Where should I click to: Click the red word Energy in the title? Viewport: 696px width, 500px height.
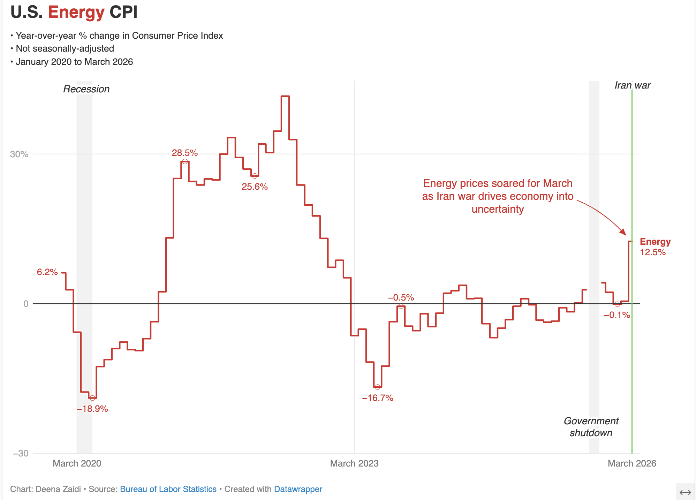[76, 12]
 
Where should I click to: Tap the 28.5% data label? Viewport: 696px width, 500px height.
[184, 153]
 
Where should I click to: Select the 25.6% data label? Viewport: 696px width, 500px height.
[255, 187]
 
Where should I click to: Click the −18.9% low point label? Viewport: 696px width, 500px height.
[92, 409]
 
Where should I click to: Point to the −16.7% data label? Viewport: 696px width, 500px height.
[378, 398]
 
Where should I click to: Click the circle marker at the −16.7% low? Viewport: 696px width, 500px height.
[378, 387]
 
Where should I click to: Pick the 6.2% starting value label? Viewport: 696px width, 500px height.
[47, 272]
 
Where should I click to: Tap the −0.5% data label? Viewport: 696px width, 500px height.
[401, 297]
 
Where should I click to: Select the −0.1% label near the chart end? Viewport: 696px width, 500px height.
[617, 315]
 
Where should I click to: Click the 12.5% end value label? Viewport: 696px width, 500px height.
[652, 252]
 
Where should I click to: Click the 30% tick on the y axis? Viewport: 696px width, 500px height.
[19, 154]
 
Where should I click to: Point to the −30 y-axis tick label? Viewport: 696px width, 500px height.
[21, 453]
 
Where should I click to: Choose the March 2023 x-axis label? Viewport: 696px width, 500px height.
[354, 463]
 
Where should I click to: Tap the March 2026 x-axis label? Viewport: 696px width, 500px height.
[631, 463]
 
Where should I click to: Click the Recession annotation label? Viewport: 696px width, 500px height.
[86, 89]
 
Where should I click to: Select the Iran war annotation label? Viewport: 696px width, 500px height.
[632, 85]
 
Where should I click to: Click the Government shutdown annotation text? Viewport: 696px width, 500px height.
[591, 427]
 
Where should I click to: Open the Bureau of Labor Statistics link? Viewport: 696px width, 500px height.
[168, 489]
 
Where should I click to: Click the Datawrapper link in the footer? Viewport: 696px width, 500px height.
[298, 489]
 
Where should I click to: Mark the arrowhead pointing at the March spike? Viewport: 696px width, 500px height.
[624, 233]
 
